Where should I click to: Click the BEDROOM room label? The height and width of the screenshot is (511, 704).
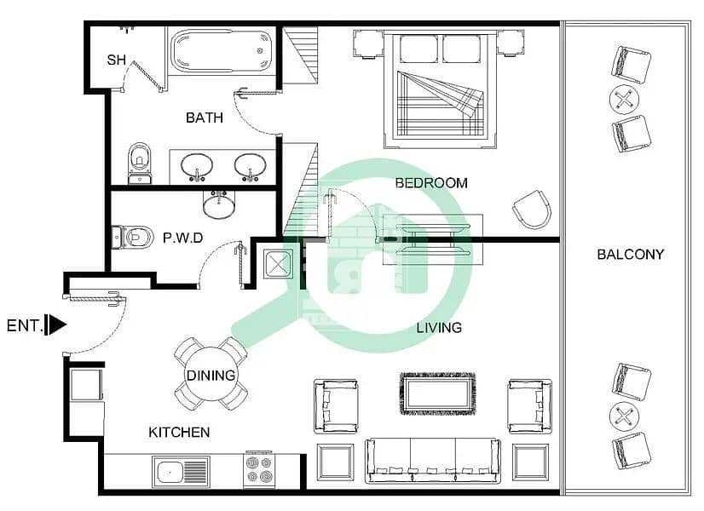click(x=431, y=182)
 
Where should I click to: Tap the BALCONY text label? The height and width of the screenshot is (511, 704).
click(x=631, y=255)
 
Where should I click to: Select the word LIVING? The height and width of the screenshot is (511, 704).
click(x=439, y=328)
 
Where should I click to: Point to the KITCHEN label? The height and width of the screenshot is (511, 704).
click(x=179, y=432)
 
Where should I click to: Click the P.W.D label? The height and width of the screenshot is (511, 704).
click(x=182, y=238)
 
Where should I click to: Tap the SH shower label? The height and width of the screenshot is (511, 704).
click(x=116, y=60)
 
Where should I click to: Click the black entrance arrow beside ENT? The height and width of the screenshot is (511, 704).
click(x=57, y=324)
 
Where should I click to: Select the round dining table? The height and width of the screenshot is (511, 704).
click(x=211, y=374)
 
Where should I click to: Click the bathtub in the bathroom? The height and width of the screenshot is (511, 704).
click(x=221, y=51)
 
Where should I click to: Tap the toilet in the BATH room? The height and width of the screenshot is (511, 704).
click(x=140, y=164)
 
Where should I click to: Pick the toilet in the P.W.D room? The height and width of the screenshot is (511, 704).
click(x=132, y=237)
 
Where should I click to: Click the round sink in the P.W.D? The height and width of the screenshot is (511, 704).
click(x=218, y=205)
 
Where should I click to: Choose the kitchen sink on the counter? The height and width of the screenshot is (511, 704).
click(x=181, y=472)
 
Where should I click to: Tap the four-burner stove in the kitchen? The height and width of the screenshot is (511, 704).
click(x=259, y=469)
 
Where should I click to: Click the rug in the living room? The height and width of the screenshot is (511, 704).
click(x=437, y=393)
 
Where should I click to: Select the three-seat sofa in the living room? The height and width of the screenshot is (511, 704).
click(x=432, y=460)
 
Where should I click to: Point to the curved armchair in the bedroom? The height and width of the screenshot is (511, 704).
click(x=533, y=209)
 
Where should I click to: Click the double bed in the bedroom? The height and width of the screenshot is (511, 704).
click(x=441, y=89)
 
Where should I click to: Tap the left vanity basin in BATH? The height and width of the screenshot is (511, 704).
click(x=197, y=166)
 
